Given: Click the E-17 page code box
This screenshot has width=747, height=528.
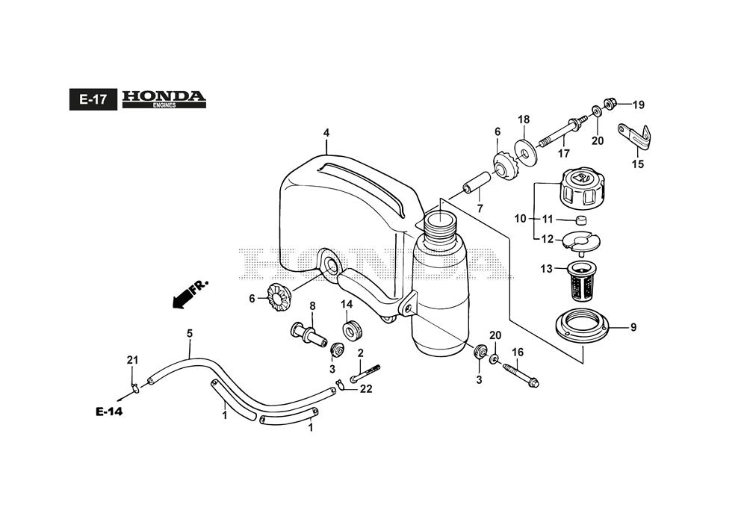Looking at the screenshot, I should pyautogui.click(x=93, y=99).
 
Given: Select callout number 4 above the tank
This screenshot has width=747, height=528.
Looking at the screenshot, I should pyautogui.click(x=326, y=133).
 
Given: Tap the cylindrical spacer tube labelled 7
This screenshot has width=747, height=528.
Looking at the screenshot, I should pyautogui.click(x=477, y=181).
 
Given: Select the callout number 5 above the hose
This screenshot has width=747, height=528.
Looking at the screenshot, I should pyautogui.click(x=189, y=334).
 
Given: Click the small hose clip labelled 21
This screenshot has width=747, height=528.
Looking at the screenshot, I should pyautogui.click(x=133, y=387).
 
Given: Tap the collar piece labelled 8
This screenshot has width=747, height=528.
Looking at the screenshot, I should pyautogui.click(x=308, y=333).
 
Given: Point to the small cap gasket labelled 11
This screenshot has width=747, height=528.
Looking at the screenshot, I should pyautogui.click(x=579, y=220).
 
